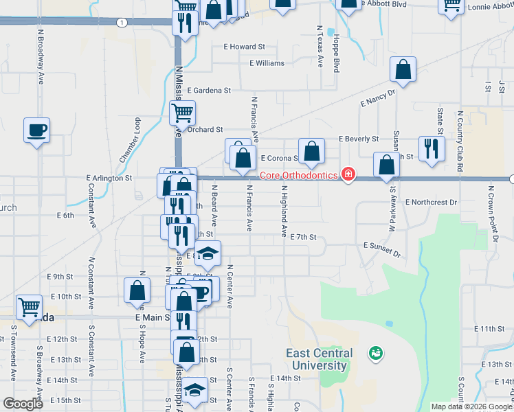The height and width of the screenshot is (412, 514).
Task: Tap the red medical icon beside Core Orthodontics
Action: pyautogui.click(x=348, y=174)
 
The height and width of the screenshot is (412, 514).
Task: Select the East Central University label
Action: pyautogui.click(x=320, y=359)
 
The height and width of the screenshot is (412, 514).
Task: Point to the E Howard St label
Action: pyautogui.click(x=244, y=47)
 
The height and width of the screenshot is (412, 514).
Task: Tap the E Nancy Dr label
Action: pyautogui.click(x=378, y=97)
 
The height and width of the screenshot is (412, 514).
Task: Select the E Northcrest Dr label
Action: pyautogui.click(x=431, y=203)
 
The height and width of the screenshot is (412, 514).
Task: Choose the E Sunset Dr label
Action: pyautogui.click(x=382, y=249)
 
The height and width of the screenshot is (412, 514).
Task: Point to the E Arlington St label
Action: pyautogui.click(x=109, y=178)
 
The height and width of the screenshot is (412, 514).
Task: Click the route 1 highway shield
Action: pyautogui.click(x=122, y=23)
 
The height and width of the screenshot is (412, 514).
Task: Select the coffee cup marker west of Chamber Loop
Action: pyautogui.click(x=37, y=129)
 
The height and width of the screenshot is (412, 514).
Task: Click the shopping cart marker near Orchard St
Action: pyautogui.click(x=182, y=112)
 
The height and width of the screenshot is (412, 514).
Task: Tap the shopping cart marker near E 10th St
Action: pyautogui.click(x=29, y=306)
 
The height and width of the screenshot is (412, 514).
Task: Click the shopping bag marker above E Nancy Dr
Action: pyautogui.click(x=403, y=69)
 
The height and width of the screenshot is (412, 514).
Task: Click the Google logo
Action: pyautogui.click(x=23, y=404)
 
